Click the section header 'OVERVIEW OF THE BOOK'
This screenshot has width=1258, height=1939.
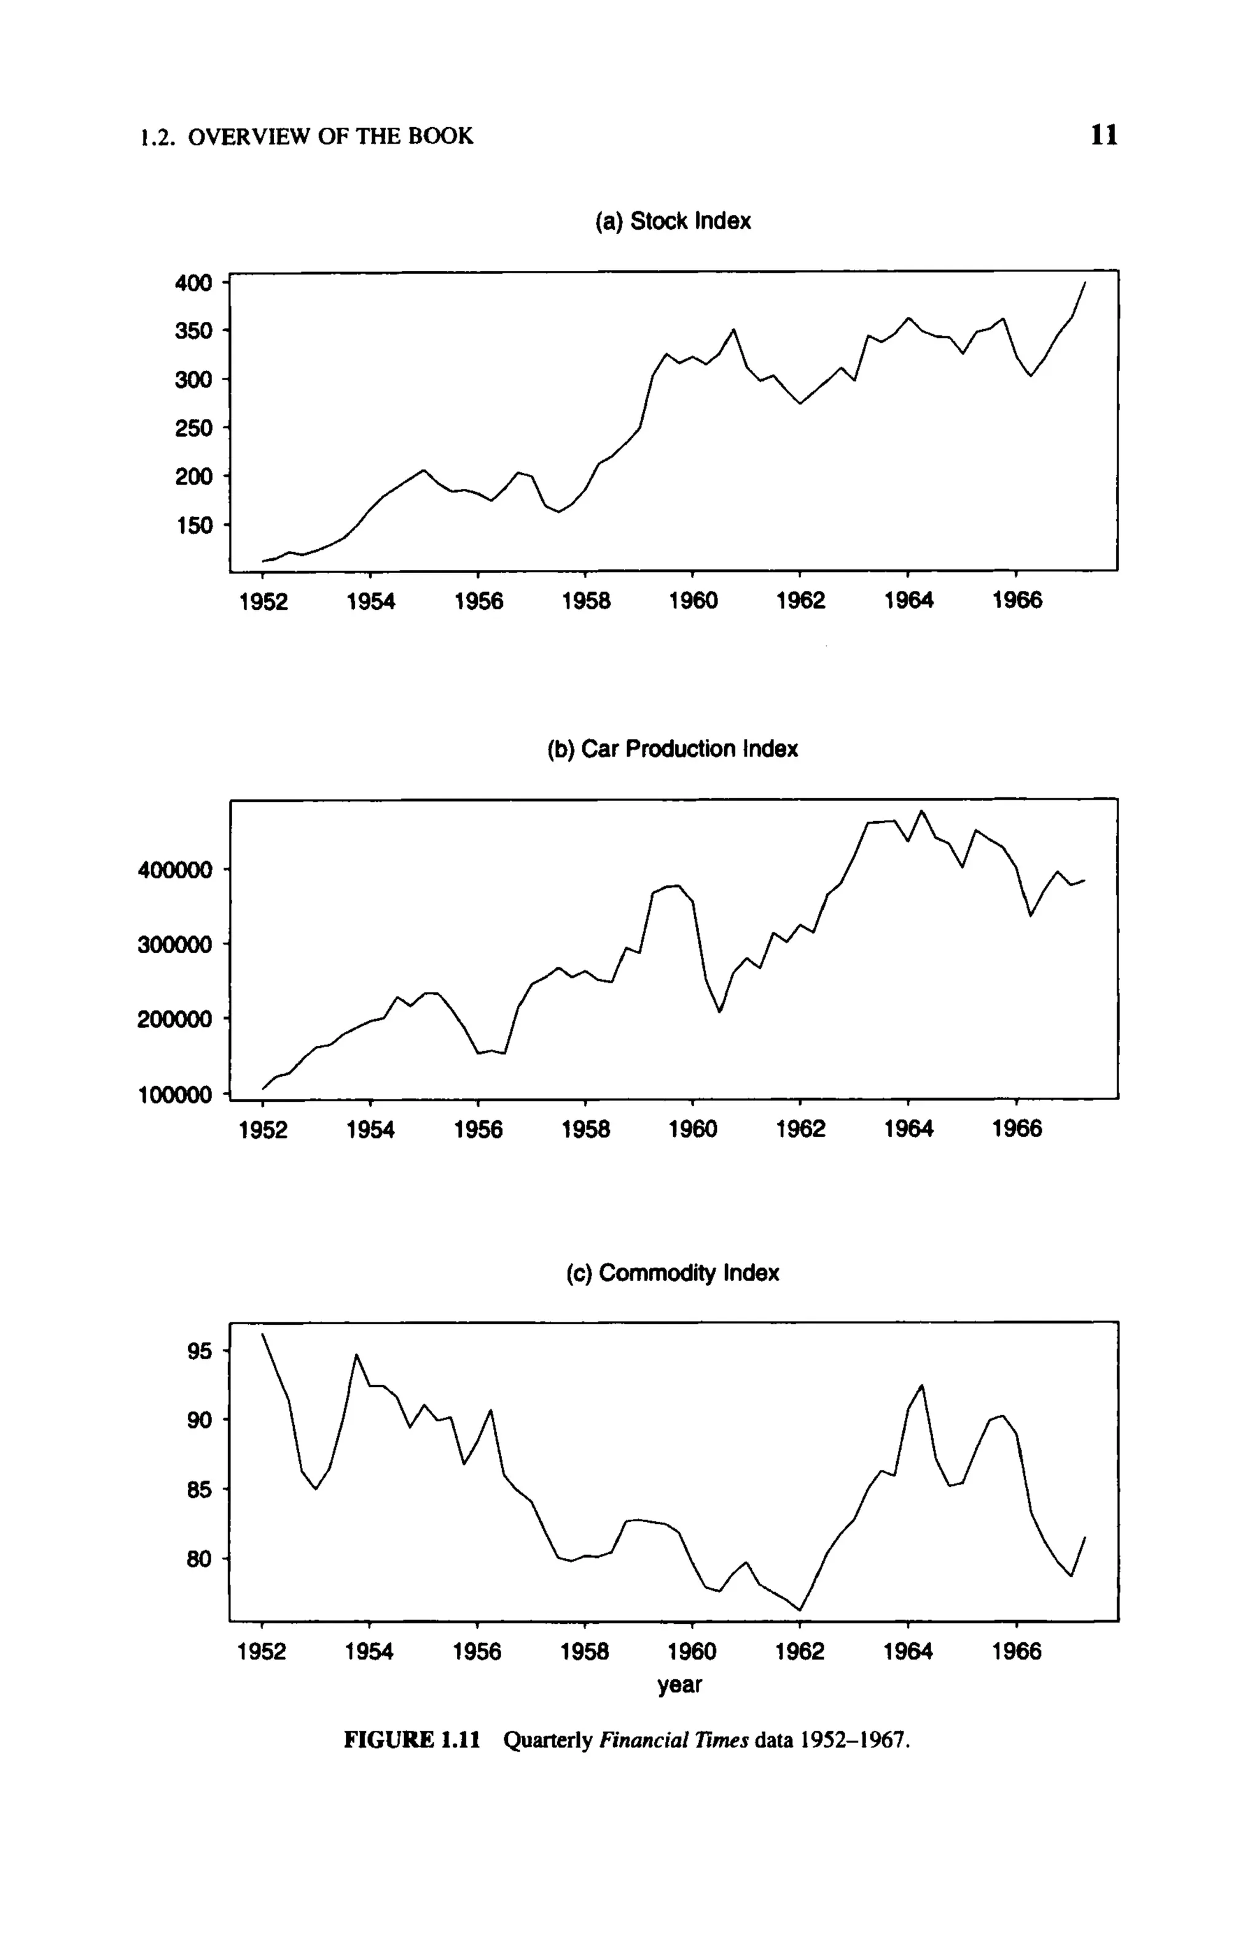click(330, 136)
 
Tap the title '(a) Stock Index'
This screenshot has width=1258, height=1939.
click(674, 222)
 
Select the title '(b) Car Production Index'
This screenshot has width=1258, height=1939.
click(672, 749)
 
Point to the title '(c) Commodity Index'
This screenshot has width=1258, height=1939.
click(672, 1273)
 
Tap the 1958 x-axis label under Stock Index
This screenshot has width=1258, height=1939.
click(586, 601)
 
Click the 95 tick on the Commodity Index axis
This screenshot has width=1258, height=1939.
click(200, 1352)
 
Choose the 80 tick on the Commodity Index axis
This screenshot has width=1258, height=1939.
click(200, 1559)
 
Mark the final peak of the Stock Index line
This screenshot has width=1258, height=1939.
click(1084, 283)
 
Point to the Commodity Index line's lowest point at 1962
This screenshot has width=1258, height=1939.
click(800, 1610)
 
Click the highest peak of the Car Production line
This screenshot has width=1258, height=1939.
click(921, 811)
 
